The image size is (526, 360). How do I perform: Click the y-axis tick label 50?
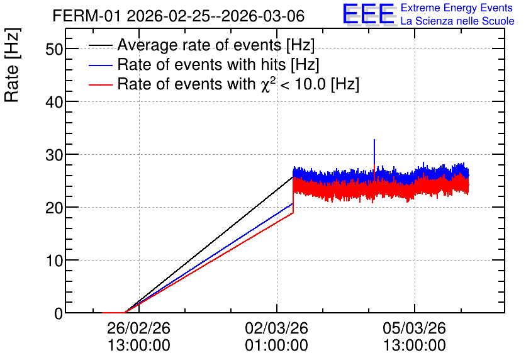[x=54, y=49]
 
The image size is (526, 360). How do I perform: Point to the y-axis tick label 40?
[x=54, y=102]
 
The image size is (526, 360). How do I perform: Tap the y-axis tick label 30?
[x=54, y=155]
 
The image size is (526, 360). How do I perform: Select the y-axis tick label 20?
[x=54, y=208]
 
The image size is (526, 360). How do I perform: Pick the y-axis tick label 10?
[x=54, y=261]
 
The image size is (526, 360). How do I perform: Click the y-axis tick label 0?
[x=59, y=313]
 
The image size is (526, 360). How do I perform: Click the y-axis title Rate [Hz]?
[x=12, y=65]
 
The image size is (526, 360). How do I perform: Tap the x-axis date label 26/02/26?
[x=138, y=328]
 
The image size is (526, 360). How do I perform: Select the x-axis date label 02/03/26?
[x=276, y=328]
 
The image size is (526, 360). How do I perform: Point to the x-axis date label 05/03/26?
[x=414, y=328]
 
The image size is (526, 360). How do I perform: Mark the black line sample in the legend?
[x=100, y=45]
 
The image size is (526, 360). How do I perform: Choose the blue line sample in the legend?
[x=100, y=65]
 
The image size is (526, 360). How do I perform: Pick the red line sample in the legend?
[x=100, y=85]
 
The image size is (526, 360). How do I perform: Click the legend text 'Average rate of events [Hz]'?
[x=216, y=45]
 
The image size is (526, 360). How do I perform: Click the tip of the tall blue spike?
[x=374, y=140]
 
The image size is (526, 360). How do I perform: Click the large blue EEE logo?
[x=368, y=14]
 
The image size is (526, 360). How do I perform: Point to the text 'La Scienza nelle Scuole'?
[x=457, y=21]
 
